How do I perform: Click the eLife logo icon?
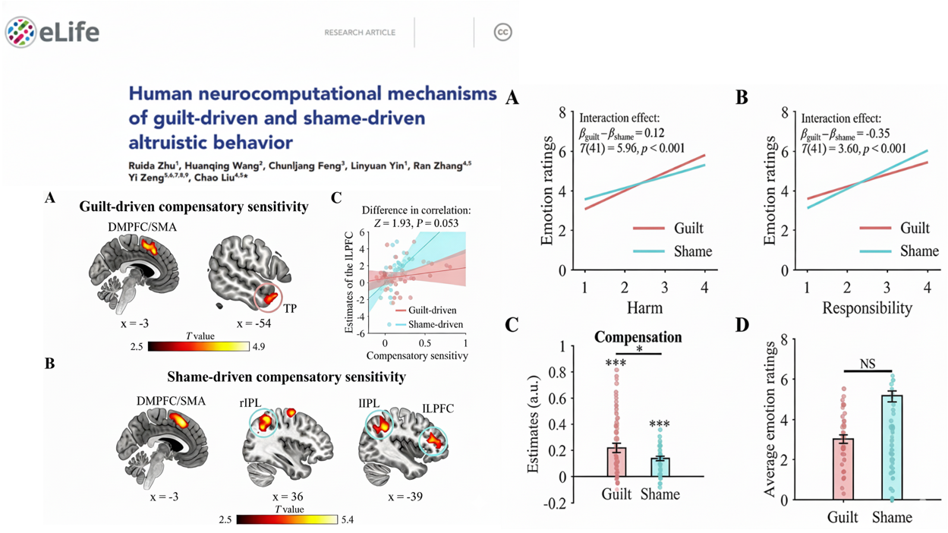pyautogui.click(x=21, y=32)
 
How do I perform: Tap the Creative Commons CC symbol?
pyautogui.click(x=502, y=32)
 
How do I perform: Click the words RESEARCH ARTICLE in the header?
pyautogui.click(x=360, y=33)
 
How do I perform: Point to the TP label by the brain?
pyautogui.click(x=290, y=309)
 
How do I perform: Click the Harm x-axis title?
pyautogui.click(x=644, y=308)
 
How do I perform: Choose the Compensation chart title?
pyautogui.click(x=638, y=336)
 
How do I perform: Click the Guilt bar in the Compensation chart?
pyautogui.click(x=616, y=462)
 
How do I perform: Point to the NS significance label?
pyautogui.click(x=868, y=364)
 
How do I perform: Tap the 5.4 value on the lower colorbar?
pyautogui.click(x=346, y=520)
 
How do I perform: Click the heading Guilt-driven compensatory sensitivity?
pyautogui.click(x=194, y=206)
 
